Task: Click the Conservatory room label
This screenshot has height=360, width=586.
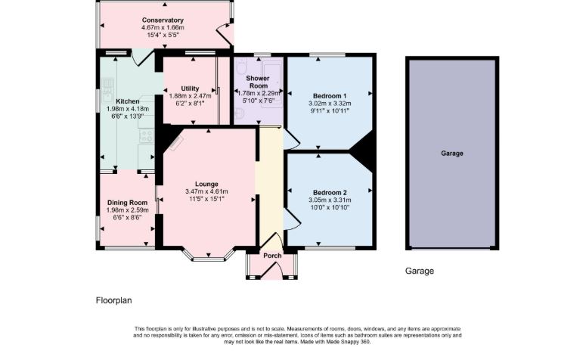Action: tap(163, 20)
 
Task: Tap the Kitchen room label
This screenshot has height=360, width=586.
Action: tap(128, 101)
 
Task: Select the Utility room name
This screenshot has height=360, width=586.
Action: tap(190, 88)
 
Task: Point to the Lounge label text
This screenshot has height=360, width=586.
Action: tap(206, 184)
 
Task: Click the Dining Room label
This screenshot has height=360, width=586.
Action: tap(128, 203)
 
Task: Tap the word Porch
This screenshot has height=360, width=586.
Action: tap(272, 256)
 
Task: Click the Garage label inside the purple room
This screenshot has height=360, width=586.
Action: tap(452, 154)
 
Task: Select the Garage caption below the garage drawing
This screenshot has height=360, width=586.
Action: tap(420, 271)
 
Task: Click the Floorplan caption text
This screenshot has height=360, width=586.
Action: tap(114, 300)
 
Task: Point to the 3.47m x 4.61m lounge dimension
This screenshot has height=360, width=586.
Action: tap(206, 191)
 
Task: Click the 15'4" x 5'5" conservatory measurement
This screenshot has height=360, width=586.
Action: tap(163, 35)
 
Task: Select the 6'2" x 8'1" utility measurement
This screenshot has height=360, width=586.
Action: tap(190, 103)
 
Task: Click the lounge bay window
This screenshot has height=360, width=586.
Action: tap(209, 256)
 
